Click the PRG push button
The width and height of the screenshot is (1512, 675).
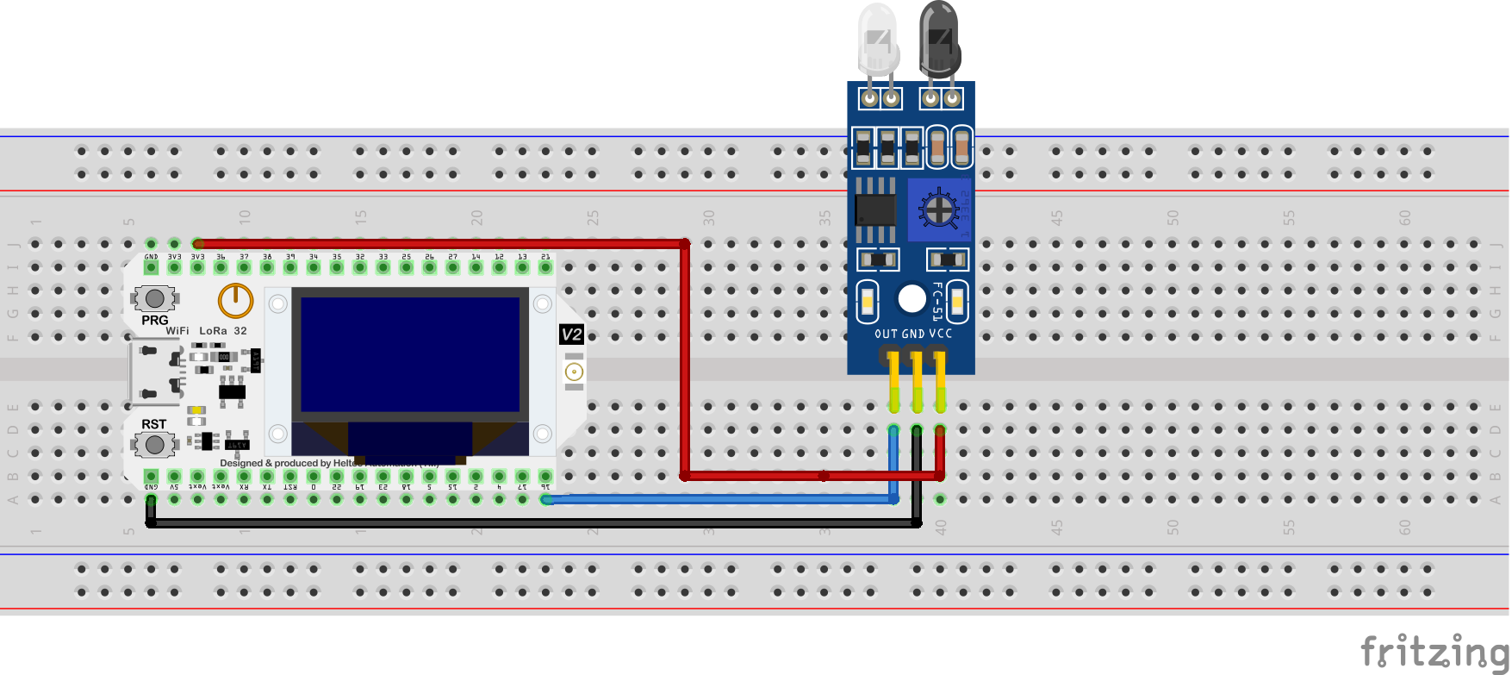[155, 298]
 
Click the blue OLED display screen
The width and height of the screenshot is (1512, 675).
[410, 354]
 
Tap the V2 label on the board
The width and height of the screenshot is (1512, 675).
[571, 334]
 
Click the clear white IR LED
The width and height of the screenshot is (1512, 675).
[878, 39]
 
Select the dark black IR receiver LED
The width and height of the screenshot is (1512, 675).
[939, 39]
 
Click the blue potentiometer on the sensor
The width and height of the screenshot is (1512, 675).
[938, 209]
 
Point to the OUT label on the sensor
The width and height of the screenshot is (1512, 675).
[886, 334]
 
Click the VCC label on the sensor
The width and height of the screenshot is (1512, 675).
[941, 334]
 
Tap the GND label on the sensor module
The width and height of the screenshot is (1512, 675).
[913, 334]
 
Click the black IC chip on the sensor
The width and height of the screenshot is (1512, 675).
[874, 209]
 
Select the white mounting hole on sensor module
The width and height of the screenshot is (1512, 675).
[912, 298]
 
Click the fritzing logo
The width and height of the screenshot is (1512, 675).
[1434, 651]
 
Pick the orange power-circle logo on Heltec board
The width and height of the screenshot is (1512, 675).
[235, 301]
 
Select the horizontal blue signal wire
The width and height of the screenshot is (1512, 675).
[715, 499]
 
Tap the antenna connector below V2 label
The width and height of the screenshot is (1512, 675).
[574, 372]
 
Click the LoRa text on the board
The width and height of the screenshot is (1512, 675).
[213, 331]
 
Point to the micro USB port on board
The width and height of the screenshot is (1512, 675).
[138, 372]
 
